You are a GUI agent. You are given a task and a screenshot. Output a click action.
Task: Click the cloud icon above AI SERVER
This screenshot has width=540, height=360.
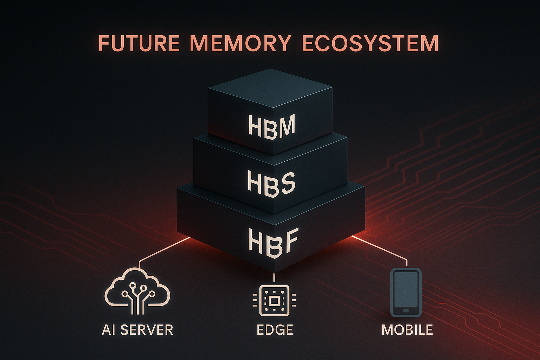(x=137, y=290)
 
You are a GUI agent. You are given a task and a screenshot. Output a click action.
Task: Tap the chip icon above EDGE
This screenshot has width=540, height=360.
(x=274, y=301)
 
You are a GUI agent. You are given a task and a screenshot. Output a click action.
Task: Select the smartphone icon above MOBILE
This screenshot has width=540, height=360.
(x=406, y=292)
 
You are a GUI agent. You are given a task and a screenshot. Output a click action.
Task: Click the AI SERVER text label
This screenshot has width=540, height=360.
(x=137, y=330)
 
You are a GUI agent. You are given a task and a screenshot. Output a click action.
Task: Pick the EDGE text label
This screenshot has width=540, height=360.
(x=275, y=330)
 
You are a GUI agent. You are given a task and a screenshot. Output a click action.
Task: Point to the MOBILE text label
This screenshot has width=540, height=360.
(x=407, y=330)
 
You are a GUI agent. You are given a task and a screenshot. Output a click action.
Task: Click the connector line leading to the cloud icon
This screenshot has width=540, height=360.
(x=162, y=250)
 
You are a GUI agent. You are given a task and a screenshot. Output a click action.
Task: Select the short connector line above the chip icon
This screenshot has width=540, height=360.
(x=274, y=277)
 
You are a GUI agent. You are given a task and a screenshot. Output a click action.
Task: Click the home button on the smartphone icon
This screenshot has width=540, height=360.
(x=406, y=310)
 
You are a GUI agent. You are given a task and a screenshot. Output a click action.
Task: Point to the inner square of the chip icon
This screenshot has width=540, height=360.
(x=274, y=301)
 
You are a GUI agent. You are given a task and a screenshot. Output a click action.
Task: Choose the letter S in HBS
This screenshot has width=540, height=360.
(x=286, y=182)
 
